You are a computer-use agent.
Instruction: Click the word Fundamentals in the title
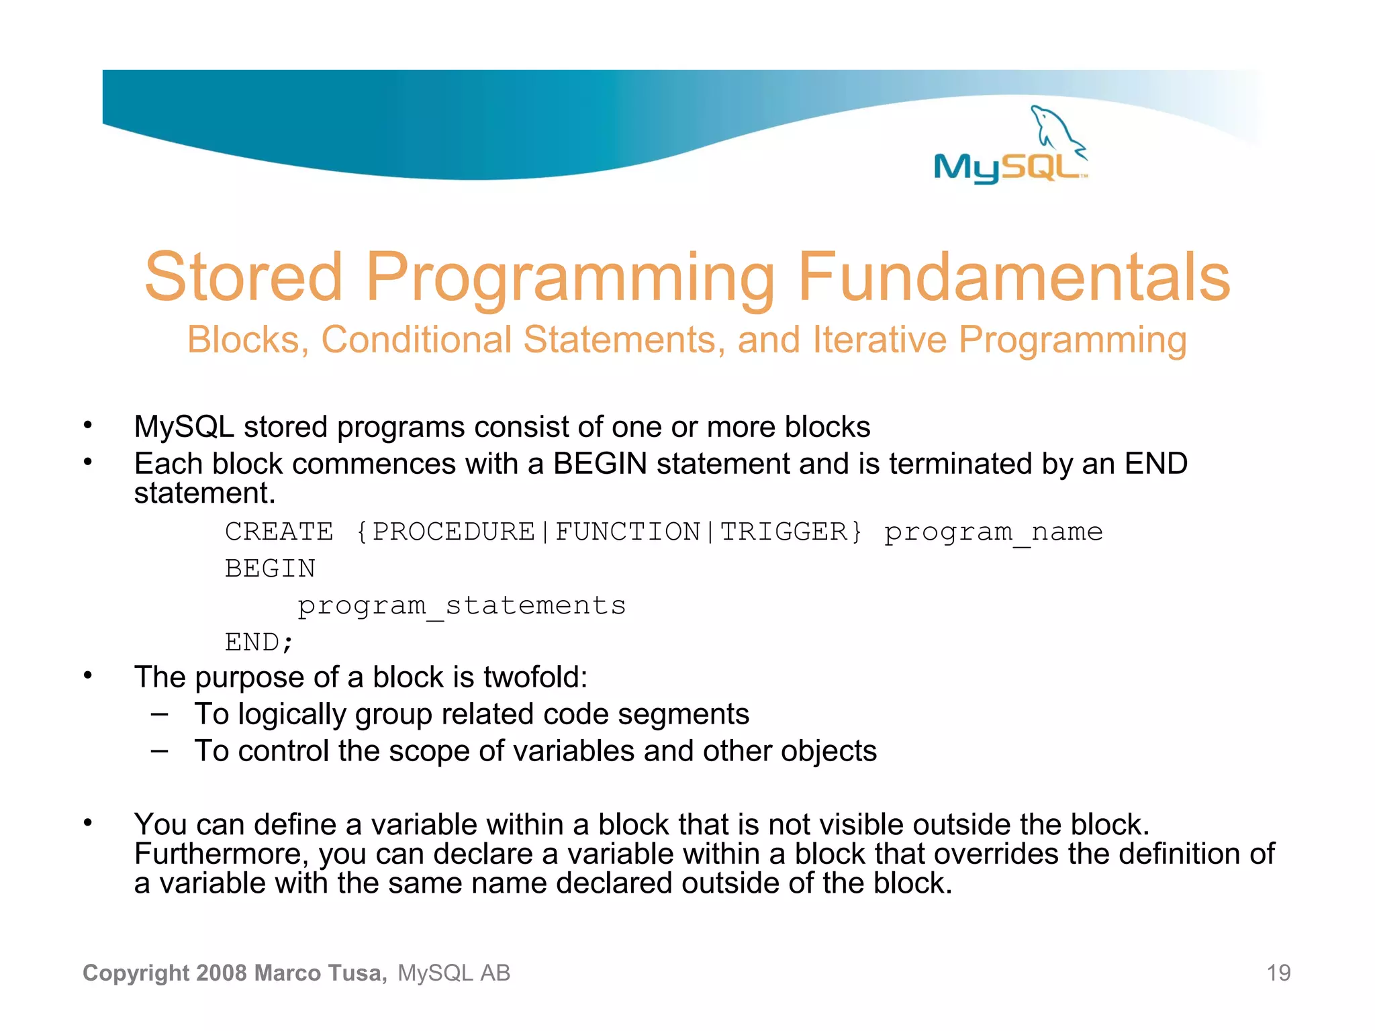[1014, 277]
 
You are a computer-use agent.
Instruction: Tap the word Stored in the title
[244, 277]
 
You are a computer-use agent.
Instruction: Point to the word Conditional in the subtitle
[416, 340]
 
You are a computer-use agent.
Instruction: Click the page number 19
[1278, 973]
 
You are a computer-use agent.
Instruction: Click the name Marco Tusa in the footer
[320, 973]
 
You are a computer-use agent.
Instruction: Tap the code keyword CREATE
[279, 532]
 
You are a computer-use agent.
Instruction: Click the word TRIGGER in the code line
[783, 532]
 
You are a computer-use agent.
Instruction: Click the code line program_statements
[461, 606]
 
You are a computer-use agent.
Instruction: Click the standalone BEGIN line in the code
[270, 569]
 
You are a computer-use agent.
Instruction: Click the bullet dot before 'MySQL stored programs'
[87, 425]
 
